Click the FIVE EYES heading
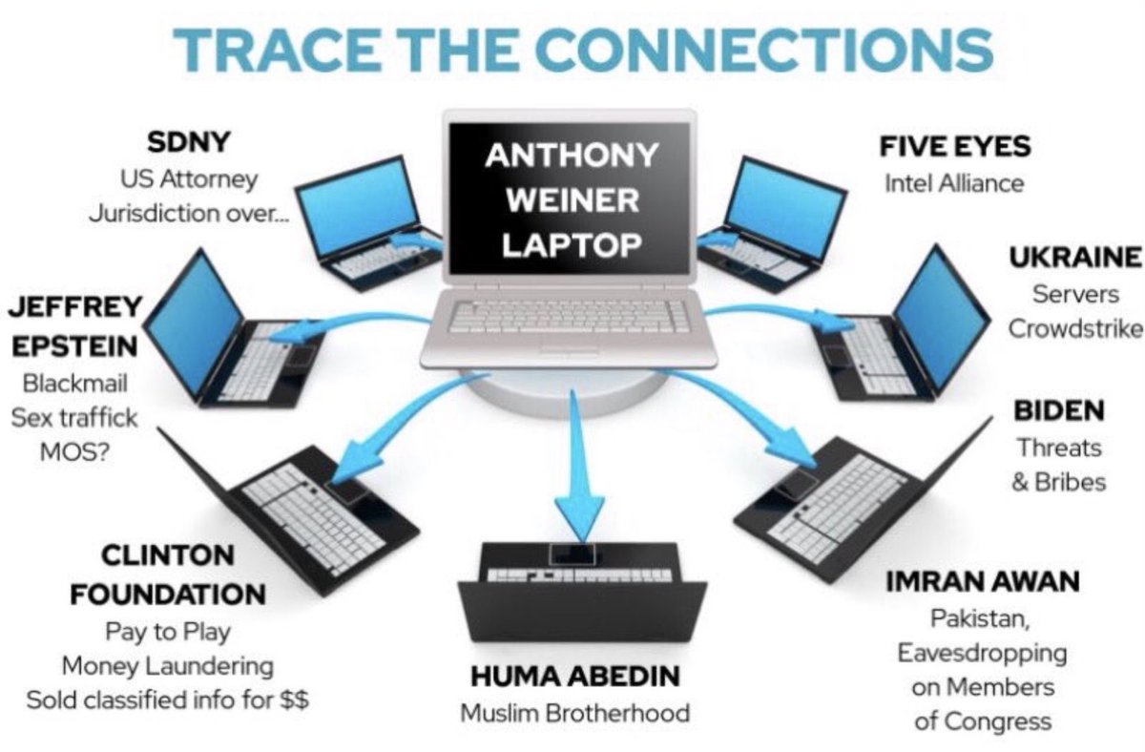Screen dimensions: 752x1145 955,148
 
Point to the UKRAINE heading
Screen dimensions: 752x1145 1075,258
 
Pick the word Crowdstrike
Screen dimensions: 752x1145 1075,329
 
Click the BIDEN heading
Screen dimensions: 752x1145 1059,411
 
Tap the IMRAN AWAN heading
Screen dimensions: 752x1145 983,581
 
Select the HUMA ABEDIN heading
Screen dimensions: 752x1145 575,677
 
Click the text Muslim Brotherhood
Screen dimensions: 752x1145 575,713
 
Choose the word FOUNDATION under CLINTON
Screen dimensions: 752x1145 168,594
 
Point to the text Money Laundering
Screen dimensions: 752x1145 168,665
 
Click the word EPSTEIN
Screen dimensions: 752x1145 74,347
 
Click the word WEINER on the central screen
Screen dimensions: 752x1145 572,199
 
